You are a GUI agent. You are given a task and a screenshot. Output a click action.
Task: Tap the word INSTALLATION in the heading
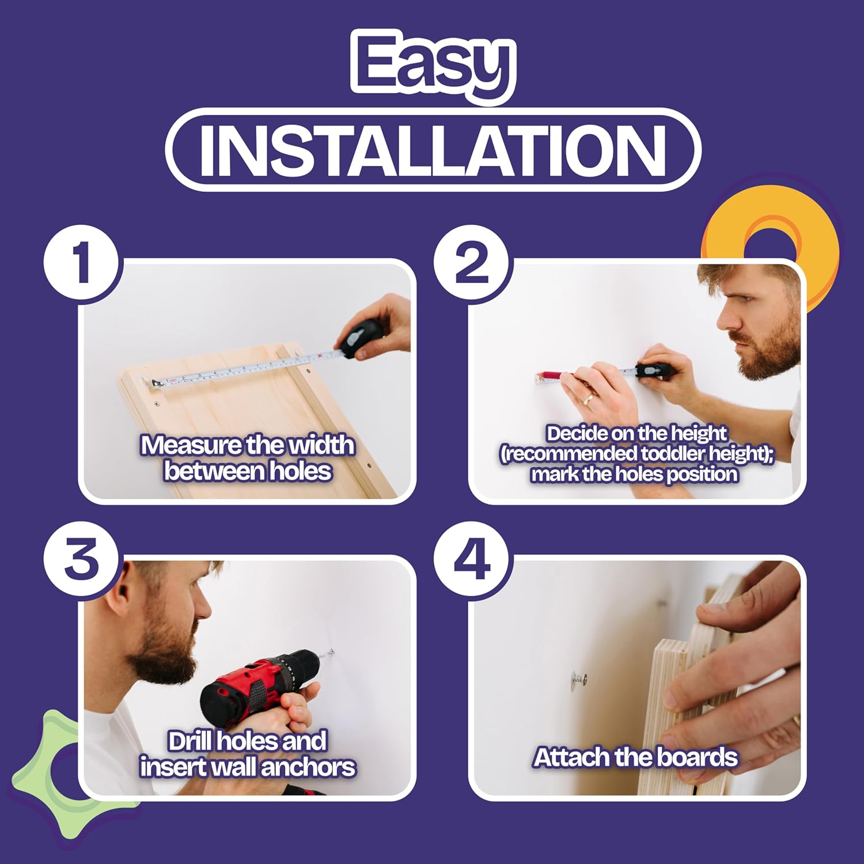433,150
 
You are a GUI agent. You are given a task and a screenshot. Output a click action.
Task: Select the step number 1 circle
81,262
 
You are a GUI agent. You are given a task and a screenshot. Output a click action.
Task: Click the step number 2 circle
472,262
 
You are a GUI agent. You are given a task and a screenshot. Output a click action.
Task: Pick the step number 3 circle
81,559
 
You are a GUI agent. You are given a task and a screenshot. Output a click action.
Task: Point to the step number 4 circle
472,559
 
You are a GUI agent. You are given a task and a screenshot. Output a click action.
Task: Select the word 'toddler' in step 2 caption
673,454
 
